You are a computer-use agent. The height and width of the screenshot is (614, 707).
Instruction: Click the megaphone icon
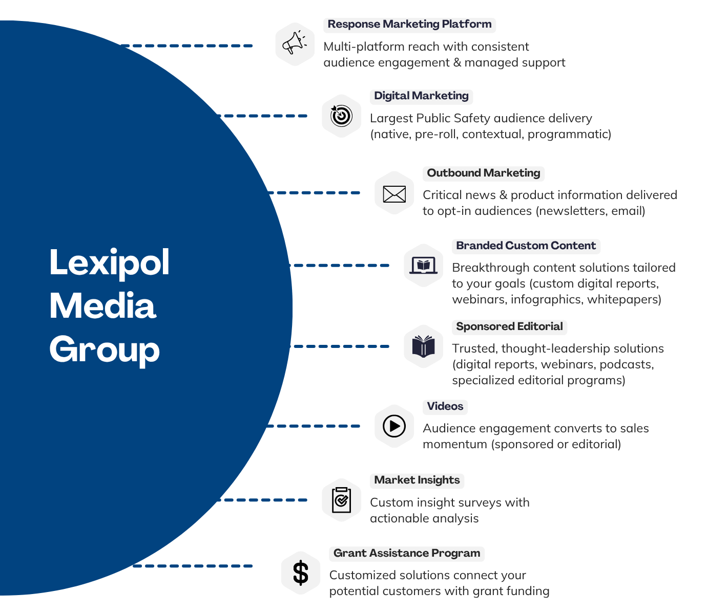coord(295,44)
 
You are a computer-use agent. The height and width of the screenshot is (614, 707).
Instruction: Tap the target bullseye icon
coord(341,116)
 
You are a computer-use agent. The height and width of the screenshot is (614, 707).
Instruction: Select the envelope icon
coord(394,193)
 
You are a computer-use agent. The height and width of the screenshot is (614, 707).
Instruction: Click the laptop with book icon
coord(423,266)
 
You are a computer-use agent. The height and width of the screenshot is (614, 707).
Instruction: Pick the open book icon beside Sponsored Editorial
coord(423,346)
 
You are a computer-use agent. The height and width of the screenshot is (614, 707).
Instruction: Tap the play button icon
coord(394,426)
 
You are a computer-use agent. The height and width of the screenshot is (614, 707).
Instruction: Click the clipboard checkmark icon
coord(341,500)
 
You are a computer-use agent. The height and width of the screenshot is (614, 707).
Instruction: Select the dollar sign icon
coord(301,573)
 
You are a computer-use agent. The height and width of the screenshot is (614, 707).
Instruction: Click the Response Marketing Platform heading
coord(409,25)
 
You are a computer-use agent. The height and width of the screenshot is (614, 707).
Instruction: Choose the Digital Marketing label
coord(421,96)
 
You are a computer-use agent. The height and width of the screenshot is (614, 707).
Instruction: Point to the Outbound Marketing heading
coord(483,173)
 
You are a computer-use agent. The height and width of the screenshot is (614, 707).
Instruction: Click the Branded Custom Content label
coord(526,246)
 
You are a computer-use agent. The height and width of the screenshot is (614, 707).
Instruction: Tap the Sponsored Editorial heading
coord(509,327)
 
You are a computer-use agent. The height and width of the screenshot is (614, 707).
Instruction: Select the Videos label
coord(445,407)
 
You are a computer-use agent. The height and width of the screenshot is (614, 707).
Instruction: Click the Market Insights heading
coord(417,480)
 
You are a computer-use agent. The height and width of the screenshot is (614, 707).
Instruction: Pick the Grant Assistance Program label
coord(406,554)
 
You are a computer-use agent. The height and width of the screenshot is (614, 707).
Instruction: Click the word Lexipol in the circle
coord(109,263)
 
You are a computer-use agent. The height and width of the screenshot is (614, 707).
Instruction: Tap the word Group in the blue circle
coord(105,350)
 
